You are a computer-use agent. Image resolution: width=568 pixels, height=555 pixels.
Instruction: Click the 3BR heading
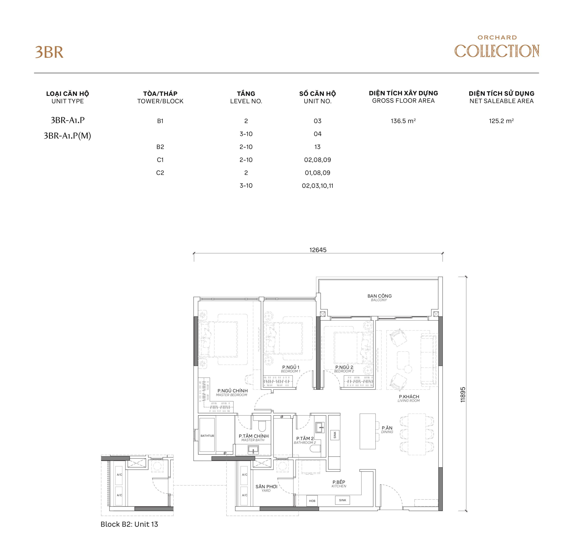coord(49,52)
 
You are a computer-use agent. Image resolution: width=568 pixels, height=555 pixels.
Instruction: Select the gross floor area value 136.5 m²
coord(403,121)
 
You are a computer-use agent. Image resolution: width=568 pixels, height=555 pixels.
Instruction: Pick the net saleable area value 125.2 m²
coord(501,121)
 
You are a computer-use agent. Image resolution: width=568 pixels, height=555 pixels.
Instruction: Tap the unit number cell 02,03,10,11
coord(318,186)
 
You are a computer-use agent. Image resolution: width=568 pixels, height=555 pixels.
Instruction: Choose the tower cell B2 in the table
coord(160,147)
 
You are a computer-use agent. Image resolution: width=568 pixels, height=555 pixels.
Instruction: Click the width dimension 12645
coord(318,250)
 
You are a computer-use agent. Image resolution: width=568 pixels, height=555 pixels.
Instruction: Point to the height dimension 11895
coord(463,395)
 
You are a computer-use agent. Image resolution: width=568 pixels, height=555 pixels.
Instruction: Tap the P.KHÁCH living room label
coord(409,398)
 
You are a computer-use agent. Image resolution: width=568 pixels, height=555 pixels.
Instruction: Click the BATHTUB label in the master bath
coord(207,436)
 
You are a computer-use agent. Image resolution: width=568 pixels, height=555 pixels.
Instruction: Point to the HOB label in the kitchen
coord(312,501)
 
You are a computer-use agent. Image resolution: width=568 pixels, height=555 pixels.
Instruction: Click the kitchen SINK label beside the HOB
coord(343,500)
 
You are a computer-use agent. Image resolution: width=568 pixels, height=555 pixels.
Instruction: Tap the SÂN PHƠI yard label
coord(266,488)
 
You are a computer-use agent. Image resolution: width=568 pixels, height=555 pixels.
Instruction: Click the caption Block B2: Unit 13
coord(129,524)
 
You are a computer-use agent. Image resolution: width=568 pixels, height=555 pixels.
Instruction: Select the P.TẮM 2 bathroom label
coord(305,440)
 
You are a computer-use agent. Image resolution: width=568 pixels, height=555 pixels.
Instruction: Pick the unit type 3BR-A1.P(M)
coord(67,136)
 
